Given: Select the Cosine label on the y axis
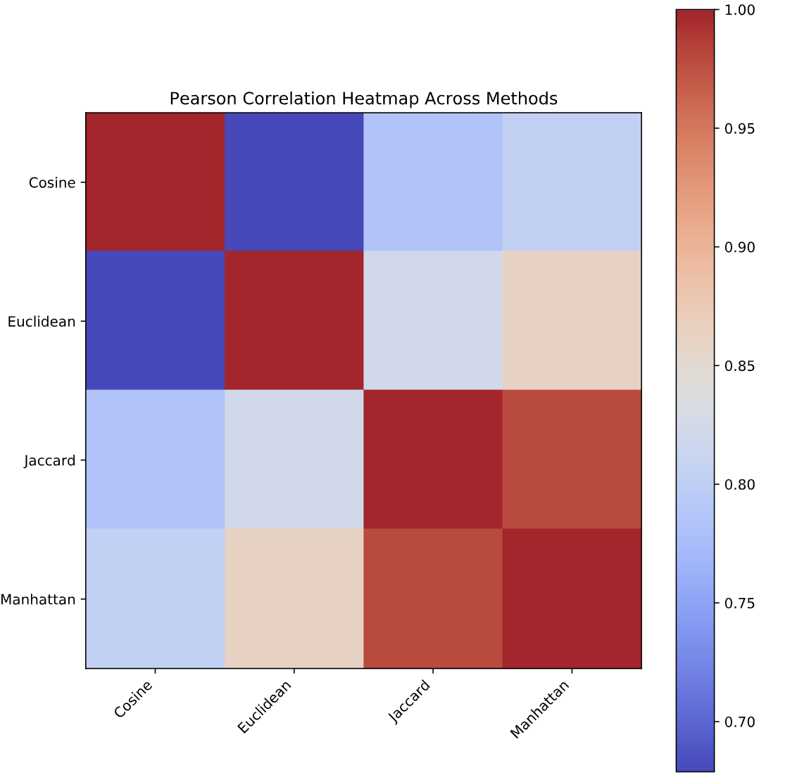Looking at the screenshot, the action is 52,182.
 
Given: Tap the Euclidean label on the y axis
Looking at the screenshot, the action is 42,322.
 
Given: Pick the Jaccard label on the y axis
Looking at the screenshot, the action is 49,461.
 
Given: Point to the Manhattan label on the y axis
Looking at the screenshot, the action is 38,600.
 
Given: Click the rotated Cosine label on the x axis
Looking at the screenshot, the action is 133,699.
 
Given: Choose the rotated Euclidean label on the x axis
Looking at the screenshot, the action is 265,706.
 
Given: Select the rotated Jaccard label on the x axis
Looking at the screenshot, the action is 410,701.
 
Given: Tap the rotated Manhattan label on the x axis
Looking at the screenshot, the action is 539,709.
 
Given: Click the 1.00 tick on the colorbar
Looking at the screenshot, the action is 739,10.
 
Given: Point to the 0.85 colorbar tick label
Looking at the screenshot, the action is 739,366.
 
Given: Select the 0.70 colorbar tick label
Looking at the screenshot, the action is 739,722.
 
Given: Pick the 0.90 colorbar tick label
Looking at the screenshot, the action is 739,247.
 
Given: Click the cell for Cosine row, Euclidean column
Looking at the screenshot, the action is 294,182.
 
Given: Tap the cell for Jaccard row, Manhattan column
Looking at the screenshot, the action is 572,460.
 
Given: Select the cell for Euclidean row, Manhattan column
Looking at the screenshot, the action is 572,320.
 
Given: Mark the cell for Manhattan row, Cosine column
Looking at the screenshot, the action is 155,599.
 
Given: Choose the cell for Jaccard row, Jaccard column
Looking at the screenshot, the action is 433,460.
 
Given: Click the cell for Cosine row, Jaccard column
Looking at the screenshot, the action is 433,182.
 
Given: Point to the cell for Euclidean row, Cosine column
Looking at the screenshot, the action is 155,320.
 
